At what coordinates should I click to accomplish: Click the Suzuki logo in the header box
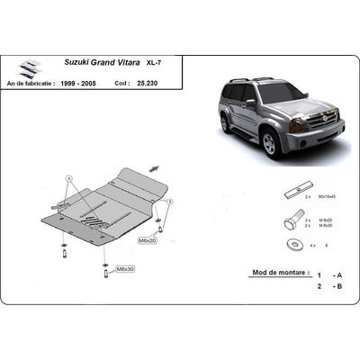click(30, 67)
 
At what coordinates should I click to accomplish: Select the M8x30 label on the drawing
click(124, 269)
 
